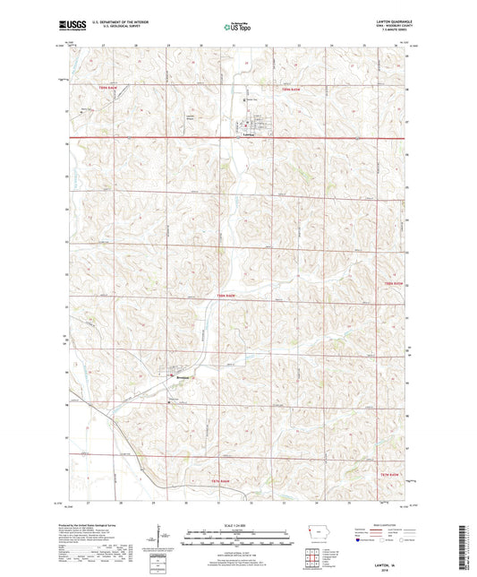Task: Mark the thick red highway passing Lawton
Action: click(340, 138)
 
